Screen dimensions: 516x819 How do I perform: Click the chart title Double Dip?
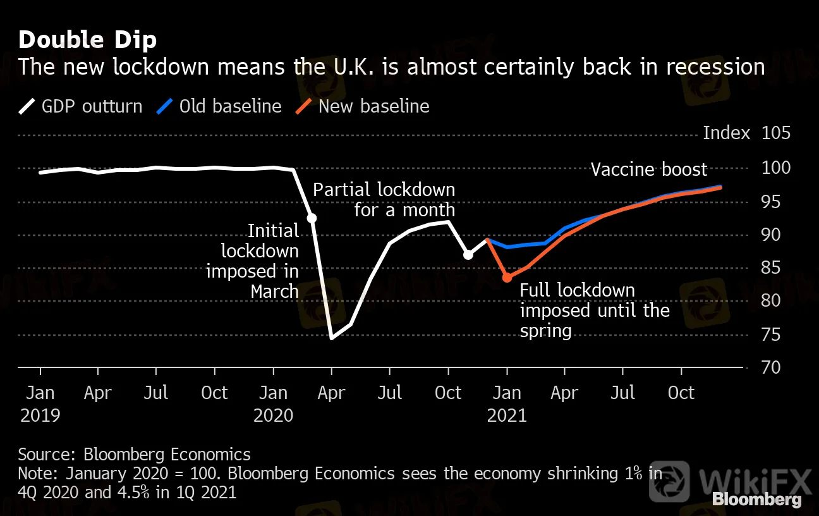click(87, 40)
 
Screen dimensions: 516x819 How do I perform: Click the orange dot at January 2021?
click(507, 277)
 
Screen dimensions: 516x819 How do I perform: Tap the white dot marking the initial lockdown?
click(312, 218)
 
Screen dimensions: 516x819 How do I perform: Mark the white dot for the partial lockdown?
click(468, 255)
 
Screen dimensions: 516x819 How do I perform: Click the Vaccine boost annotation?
click(648, 169)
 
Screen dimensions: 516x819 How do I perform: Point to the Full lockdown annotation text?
click(594, 310)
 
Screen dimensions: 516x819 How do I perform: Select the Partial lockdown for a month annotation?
click(384, 199)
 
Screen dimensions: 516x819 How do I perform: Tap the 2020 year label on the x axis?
click(273, 415)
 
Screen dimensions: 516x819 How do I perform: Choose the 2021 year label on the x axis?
click(507, 415)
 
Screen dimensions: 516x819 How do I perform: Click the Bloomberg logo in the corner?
click(756, 500)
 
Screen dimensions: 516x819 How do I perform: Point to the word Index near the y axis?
click(726, 133)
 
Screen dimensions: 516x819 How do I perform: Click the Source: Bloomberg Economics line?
click(134, 454)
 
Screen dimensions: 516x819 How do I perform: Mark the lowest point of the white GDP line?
click(331, 338)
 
